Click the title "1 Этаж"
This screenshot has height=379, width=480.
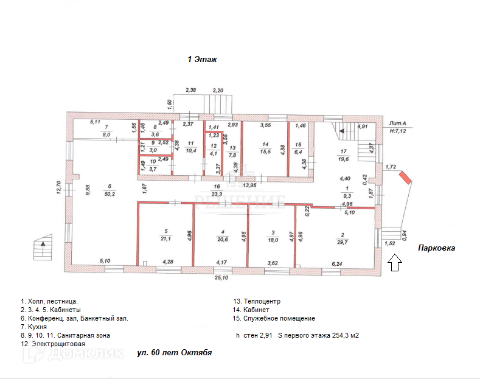point(202,60)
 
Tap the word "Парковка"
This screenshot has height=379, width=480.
point(436,248)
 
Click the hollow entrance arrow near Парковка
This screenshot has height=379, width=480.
point(394,262)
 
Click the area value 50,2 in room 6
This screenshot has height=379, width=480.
point(110,194)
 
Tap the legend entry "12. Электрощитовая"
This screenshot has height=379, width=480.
point(52,344)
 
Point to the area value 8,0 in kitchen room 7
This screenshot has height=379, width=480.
point(106,134)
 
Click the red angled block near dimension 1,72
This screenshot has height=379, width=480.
point(405,178)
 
